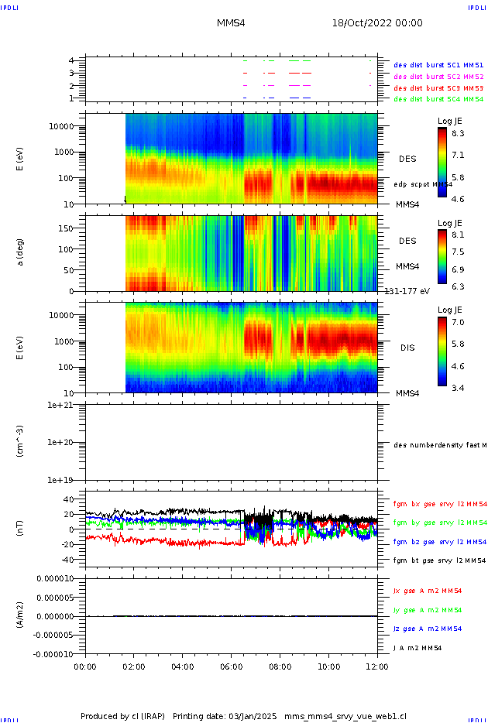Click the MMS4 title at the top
click(231, 23)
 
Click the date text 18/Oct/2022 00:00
click(377, 23)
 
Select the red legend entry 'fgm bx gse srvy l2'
click(438, 504)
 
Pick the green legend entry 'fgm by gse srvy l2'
click(438, 523)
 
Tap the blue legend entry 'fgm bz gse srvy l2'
click(438, 542)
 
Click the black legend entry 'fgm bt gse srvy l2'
click(438, 560)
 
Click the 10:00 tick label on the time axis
click(328, 666)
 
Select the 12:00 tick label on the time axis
click(377, 666)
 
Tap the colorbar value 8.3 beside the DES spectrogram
click(458, 132)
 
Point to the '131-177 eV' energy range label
click(407, 290)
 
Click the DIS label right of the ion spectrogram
click(407, 348)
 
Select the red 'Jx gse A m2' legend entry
click(428, 591)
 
